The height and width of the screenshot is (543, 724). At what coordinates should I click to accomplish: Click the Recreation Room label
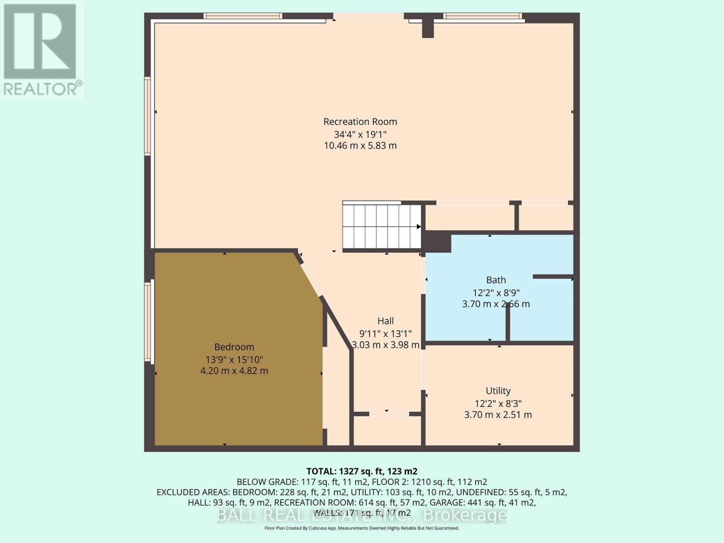360,122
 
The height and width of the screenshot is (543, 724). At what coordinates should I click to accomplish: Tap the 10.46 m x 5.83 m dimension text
360,146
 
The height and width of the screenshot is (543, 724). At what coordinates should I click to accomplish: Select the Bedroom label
234,347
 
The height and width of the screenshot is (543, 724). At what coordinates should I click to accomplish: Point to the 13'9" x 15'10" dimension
234,360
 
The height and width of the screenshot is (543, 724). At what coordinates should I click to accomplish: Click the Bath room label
496,280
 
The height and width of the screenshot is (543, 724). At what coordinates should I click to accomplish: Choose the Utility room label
498,391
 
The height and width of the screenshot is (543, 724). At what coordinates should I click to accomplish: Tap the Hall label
386,321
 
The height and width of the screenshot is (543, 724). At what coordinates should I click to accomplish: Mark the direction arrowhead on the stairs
419,226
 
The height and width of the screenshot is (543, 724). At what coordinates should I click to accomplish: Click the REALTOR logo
42,50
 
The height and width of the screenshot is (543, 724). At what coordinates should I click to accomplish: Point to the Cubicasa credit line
362,528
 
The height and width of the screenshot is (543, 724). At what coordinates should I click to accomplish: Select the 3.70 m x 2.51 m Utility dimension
498,414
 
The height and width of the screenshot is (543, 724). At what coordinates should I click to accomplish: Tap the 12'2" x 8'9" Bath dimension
496,292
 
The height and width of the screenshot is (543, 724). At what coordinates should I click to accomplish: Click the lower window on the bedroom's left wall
147,321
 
